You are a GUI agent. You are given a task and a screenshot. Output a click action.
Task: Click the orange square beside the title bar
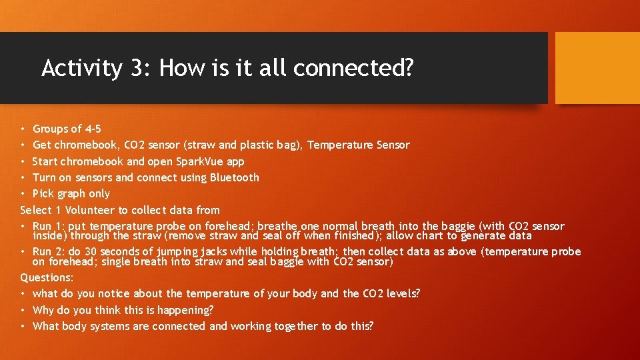(597, 68)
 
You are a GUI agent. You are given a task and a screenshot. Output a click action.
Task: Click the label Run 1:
(51, 227)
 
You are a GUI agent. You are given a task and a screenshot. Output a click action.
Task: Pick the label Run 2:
(51, 251)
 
